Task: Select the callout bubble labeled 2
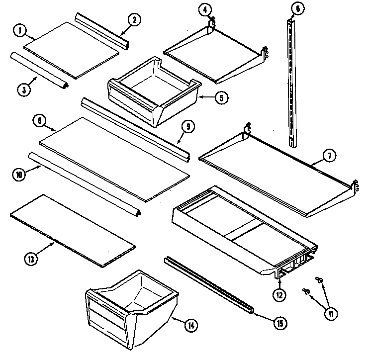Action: (x=135, y=20)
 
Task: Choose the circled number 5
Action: (x=221, y=97)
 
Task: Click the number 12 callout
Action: (x=279, y=294)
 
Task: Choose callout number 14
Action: (x=190, y=326)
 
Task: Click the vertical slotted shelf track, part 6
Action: (x=293, y=85)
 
